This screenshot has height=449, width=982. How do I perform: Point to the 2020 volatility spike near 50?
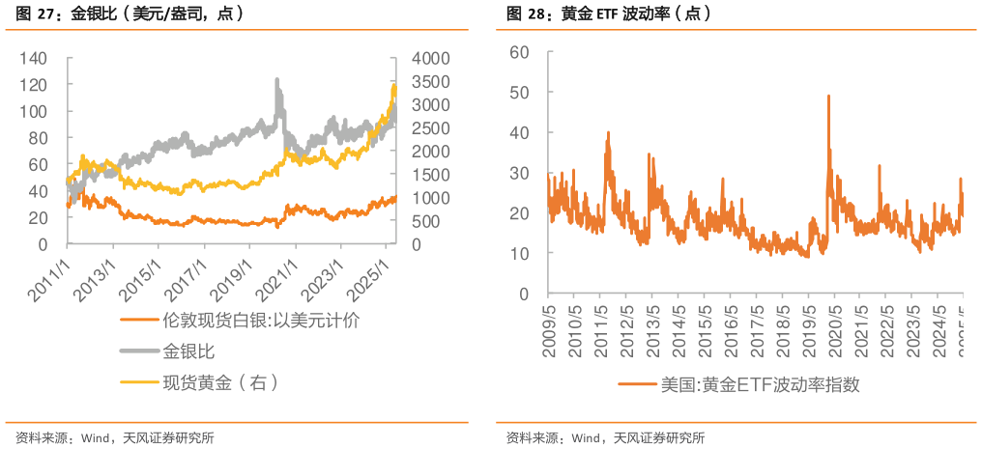click(828, 95)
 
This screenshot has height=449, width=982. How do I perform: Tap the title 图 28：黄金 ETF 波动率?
click(608, 14)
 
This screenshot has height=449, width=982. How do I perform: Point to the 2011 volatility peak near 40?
click(608, 132)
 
